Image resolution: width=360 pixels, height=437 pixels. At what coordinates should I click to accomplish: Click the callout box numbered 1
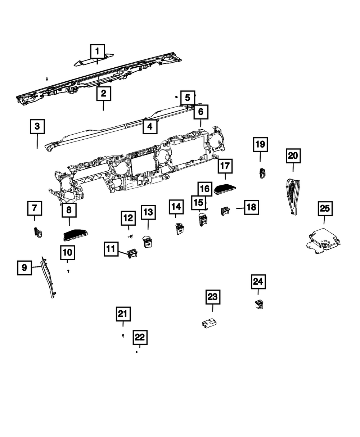pos(97,51)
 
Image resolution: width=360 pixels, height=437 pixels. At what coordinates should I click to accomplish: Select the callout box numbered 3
pos(37,127)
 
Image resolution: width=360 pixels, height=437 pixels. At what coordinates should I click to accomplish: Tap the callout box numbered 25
pos(325,208)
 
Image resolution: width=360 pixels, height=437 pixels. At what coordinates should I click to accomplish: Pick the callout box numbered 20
pos(293,156)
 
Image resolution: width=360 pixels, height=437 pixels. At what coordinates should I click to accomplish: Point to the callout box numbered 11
pos(112,248)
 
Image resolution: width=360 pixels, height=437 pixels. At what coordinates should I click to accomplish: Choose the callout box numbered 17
pos(225,166)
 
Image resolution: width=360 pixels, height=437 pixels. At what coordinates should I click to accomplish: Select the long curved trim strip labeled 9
pos(49,279)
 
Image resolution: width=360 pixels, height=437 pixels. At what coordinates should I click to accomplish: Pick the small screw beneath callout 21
pos(123,335)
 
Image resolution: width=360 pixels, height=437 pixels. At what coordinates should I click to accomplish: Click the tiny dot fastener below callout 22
pos(137,352)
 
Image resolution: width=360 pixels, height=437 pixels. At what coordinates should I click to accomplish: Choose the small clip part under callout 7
pos(37,233)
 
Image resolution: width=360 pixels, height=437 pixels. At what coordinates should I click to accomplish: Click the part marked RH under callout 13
pos(148,241)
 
